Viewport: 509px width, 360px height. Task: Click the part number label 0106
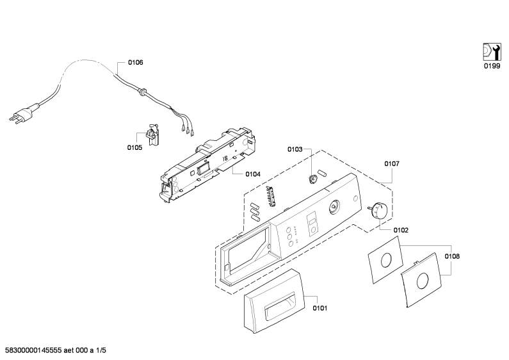tap(135, 62)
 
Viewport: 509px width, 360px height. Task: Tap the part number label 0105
tap(134, 148)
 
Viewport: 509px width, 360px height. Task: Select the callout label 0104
tap(253, 174)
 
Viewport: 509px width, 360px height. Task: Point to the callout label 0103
tap(295, 149)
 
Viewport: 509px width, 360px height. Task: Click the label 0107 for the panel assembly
tap(392, 164)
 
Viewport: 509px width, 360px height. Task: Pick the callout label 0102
tap(401, 231)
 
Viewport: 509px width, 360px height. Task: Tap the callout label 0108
tap(452, 256)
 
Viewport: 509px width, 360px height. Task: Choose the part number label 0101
tap(320, 308)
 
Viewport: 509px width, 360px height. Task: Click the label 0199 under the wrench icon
tap(492, 66)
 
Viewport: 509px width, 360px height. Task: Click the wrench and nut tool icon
tap(492, 52)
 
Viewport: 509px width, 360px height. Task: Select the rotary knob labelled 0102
tap(378, 209)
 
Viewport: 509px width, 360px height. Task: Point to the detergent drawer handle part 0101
tap(274, 301)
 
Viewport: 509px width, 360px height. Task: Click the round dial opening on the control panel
tap(334, 207)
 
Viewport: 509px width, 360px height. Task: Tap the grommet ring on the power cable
tap(142, 92)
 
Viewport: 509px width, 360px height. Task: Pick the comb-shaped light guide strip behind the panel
tap(271, 196)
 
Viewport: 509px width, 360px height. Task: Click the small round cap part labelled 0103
tap(313, 179)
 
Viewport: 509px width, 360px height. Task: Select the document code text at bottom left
tap(56, 350)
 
